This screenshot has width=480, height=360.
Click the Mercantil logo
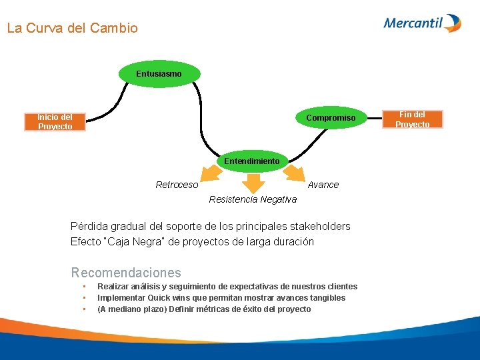click(422, 23)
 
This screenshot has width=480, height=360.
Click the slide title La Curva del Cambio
click(72, 29)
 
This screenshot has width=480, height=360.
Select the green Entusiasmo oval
click(159, 73)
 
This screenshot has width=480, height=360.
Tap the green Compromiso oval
click(331, 118)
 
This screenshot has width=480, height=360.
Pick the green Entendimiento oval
click(251, 161)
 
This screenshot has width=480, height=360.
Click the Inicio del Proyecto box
click(55, 122)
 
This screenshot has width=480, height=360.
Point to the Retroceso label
click(177, 185)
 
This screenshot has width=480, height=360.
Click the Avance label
click(323, 185)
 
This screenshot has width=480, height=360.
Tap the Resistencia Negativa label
click(253, 199)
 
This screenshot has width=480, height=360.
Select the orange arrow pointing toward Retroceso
click(211, 173)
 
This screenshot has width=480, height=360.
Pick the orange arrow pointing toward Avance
click(293, 173)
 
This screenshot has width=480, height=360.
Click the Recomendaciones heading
click(126, 273)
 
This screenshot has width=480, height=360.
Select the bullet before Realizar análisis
click(84, 287)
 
